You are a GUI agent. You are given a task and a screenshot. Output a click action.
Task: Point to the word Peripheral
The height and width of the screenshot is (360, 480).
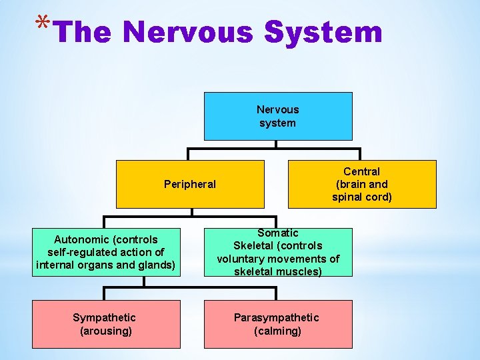[190, 184]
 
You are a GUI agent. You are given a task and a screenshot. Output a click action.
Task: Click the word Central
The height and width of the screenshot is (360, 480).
[361, 171]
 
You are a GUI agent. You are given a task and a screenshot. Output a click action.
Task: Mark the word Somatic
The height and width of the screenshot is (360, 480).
[278, 233]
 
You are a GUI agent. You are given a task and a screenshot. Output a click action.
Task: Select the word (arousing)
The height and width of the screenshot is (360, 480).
[106, 331]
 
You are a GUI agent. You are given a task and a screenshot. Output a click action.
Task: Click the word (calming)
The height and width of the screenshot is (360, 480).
[277, 331]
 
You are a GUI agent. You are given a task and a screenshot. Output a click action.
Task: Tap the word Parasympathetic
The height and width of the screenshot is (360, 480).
[276, 317]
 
